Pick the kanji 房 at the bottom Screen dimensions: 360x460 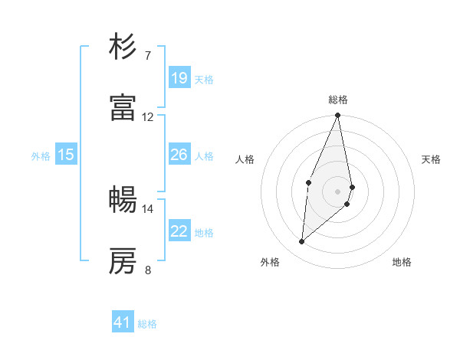click(x=123, y=260)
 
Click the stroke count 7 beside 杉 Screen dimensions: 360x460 click(x=147, y=55)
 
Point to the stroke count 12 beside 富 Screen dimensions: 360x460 click(x=147, y=116)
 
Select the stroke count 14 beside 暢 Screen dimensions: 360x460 click(x=147, y=208)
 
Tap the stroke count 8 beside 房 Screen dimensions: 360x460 click(x=147, y=270)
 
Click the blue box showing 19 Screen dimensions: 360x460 click(x=179, y=78)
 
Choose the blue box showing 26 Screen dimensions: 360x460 click(x=179, y=155)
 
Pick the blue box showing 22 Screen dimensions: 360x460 click(x=179, y=231)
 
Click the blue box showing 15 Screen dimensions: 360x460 click(x=66, y=155)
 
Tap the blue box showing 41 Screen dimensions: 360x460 click(x=123, y=322)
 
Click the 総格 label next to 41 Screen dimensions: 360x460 click(x=147, y=324)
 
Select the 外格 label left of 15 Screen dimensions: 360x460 click(x=41, y=156)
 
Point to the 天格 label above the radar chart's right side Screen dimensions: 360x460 click(x=432, y=159)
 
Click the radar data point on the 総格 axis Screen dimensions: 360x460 click(x=337, y=116)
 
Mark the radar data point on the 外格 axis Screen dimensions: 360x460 click(x=302, y=242)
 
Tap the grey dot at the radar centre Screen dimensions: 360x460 click(x=337, y=190)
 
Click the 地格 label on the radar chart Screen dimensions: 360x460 click(x=402, y=262)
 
